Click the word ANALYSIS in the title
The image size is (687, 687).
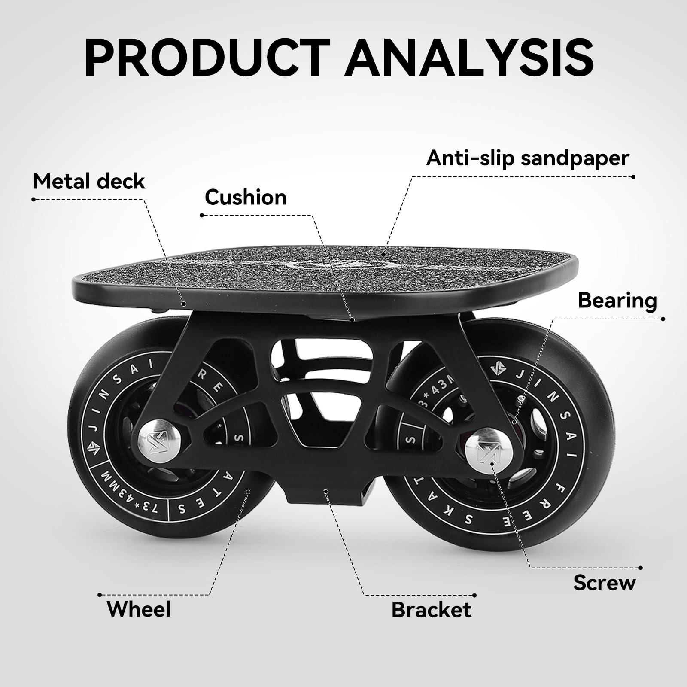click(x=470, y=57)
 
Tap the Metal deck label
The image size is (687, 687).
click(x=89, y=181)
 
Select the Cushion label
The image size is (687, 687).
click(x=246, y=197)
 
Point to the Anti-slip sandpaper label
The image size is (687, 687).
click(x=528, y=158)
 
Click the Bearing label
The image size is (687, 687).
click(x=617, y=301)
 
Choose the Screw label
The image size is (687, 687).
click(x=604, y=583)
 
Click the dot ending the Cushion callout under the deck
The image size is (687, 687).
click(x=352, y=319)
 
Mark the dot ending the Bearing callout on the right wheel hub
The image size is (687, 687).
click(x=514, y=423)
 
